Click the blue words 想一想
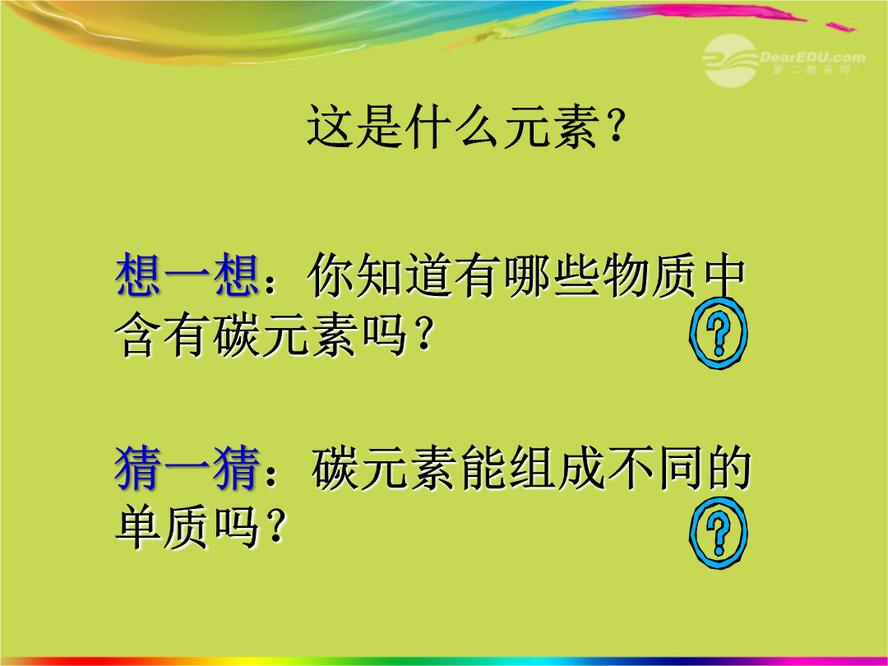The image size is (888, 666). [x=187, y=276]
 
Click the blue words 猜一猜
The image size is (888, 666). [x=187, y=468]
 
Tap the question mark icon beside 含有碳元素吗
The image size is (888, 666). [x=718, y=333]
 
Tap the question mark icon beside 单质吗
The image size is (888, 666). [x=718, y=532]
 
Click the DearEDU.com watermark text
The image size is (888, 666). [x=812, y=57]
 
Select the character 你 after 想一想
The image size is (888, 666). [x=331, y=276]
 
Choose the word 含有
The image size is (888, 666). [x=160, y=335]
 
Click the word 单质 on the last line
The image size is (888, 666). [x=162, y=527]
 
